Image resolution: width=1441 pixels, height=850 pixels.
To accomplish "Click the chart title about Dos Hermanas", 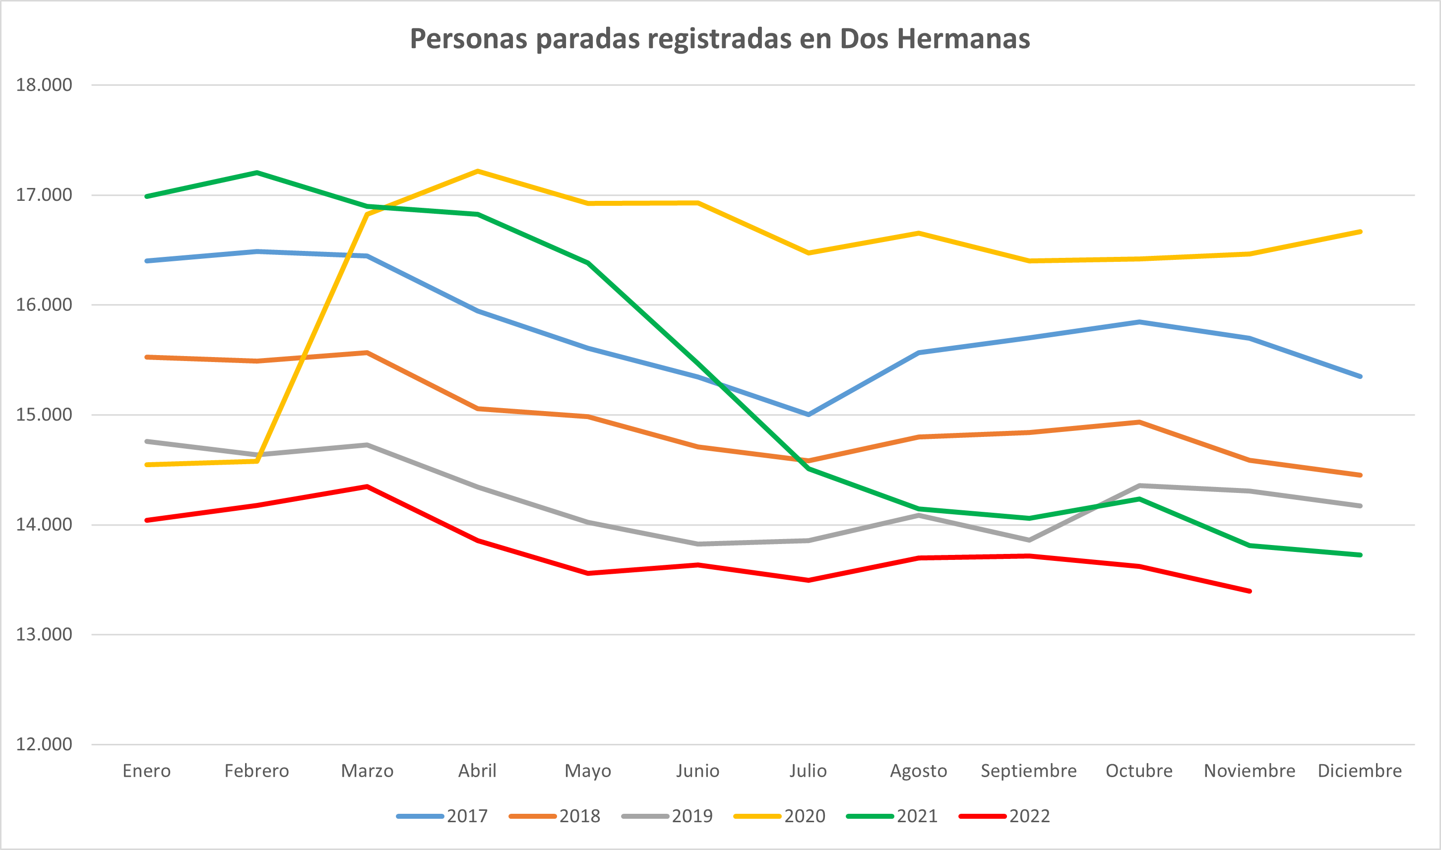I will point(720,39).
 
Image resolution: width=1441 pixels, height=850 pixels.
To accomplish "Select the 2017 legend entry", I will point(442,816).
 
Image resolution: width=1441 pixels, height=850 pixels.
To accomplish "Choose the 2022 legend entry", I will point(1004,816).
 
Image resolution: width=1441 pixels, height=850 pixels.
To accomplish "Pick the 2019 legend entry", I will point(667,816).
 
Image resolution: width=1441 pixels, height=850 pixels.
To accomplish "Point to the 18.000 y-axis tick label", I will point(44,85).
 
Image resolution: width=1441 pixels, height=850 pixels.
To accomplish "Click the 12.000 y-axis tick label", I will point(44,744).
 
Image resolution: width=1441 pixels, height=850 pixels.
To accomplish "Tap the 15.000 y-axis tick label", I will point(44,414).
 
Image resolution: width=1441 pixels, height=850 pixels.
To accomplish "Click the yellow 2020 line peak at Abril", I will point(478,171).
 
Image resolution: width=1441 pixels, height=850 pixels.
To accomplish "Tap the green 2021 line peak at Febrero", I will point(256,173).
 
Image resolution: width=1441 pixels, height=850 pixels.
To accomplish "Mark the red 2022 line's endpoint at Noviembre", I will point(1250,591).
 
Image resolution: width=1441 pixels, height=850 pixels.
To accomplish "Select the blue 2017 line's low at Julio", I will point(808,414).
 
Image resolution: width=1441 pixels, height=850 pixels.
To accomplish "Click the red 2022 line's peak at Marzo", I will point(367,486).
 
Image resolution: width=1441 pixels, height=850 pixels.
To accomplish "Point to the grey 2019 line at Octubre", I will point(1139,486).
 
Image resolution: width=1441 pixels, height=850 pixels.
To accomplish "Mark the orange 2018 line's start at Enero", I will point(147,357).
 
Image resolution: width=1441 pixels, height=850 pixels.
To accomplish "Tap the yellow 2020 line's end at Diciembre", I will point(1360,232).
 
